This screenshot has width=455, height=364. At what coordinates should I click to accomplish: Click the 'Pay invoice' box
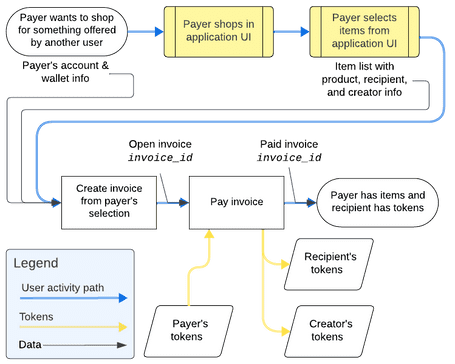point(237,201)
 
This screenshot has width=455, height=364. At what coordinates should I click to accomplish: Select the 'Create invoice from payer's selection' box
point(108,201)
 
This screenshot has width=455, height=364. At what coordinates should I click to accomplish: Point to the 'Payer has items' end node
point(377,201)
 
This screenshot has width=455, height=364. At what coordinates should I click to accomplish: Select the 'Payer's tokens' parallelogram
point(188,330)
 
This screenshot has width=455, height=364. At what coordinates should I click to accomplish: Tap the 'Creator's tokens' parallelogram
point(331,330)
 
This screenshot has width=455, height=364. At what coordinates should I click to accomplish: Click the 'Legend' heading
point(37,263)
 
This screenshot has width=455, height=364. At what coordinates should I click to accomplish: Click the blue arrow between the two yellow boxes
point(293,29)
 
